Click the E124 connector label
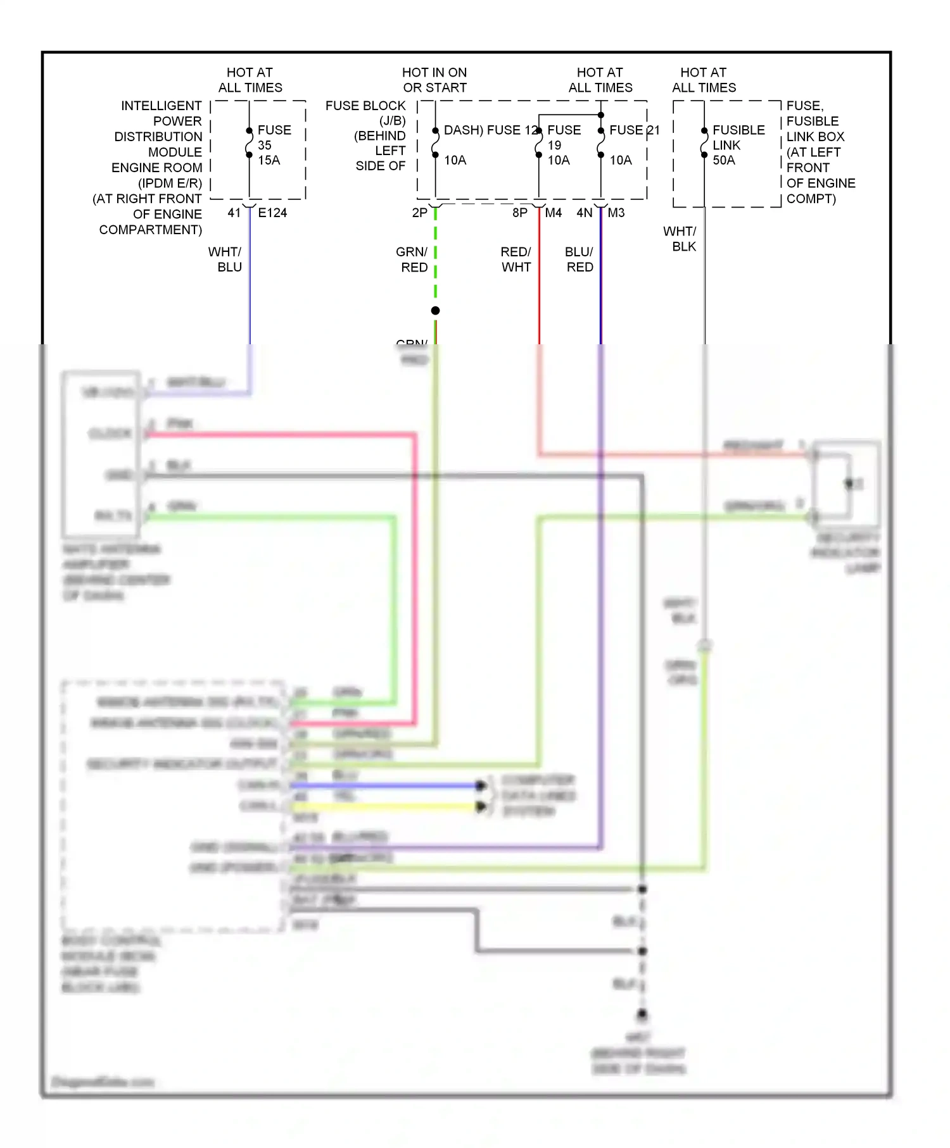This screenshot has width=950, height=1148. [x=272, y=213]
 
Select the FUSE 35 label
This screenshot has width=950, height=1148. [x=274, y=137]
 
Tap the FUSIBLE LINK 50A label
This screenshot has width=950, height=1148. [x=738, y=145]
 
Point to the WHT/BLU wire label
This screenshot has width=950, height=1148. [x=225, y=259]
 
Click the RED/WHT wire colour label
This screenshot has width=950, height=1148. [x=516, y=259]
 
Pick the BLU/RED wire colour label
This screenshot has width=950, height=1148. [x=579, y=259]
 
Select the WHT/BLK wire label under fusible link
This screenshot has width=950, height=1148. [x=680, y=239]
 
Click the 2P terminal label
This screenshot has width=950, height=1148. [x=419, y=213]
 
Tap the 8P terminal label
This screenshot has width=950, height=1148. [x=520, y=213]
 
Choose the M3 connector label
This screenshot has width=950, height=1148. [x=616, y=213]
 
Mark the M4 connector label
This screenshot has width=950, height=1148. [x=554, y=213]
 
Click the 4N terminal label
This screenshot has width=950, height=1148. [x=584, y=213]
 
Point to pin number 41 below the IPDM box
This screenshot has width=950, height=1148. [x=234, y=213]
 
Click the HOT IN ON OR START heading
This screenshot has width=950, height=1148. [x=434, y=80]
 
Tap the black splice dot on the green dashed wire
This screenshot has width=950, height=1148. [x=436, y=311]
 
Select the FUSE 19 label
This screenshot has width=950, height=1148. [x=564, y=137]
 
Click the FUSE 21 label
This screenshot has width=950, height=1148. [x=634, y=130]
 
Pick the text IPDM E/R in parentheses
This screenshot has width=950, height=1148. [x=170, y=184]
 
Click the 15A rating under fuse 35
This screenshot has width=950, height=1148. [x=269, y=161]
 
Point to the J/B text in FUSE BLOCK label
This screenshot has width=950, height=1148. [x=393, y=121]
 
